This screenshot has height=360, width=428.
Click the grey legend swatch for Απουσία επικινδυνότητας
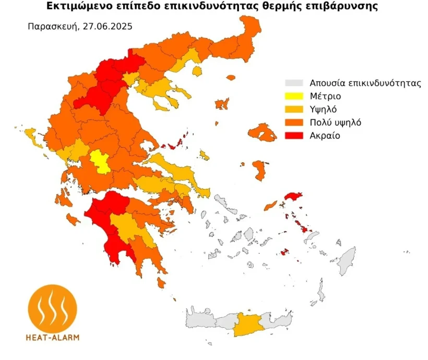(x=294, y=83)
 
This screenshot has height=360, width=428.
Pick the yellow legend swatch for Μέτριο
(x=294, y=97)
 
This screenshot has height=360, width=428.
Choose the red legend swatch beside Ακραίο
(x=294, y=136)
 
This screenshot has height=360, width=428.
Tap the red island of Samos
(x=293, y=197)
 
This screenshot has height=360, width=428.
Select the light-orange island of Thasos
(x=197, y=70)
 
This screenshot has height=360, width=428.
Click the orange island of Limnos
(x=222, y=104)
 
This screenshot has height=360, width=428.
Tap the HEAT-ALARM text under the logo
(x=52, y=337)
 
